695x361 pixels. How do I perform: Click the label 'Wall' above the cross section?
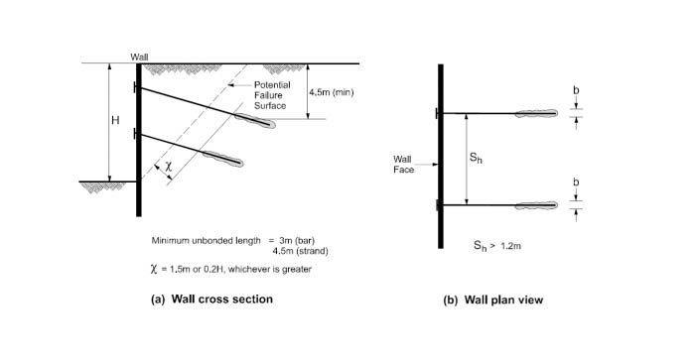click(139, 58)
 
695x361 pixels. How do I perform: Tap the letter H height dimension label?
click(115, 120)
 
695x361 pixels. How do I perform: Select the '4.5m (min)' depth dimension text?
click(332, 92)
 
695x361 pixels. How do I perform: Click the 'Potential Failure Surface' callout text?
click(272, 95)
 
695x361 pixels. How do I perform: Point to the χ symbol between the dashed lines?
click(168, 167)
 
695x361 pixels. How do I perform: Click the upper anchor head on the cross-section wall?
click(135, 87)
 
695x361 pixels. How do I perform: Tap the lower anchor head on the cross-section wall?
click(135, 133)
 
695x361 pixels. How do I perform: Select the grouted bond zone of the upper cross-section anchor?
click(255, 120)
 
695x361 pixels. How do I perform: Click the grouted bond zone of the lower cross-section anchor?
click(223, 159)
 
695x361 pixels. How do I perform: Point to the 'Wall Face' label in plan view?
click(403, 165)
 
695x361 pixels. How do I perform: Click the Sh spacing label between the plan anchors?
click(476, 158)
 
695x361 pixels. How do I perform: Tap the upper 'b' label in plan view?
click(576, 90)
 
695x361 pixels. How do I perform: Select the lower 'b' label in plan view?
click(576, 182)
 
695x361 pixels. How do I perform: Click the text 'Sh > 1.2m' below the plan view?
click(496, 246)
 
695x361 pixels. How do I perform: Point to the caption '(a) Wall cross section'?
click(211, 299)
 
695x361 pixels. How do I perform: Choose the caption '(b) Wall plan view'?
click(492, 300)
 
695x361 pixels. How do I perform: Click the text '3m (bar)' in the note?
click(297, 241)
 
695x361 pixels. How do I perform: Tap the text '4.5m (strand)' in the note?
click(301, 251)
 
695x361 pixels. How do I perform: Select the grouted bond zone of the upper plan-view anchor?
click(536, 113)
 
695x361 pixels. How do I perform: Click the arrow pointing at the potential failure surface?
click(239, 85)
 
